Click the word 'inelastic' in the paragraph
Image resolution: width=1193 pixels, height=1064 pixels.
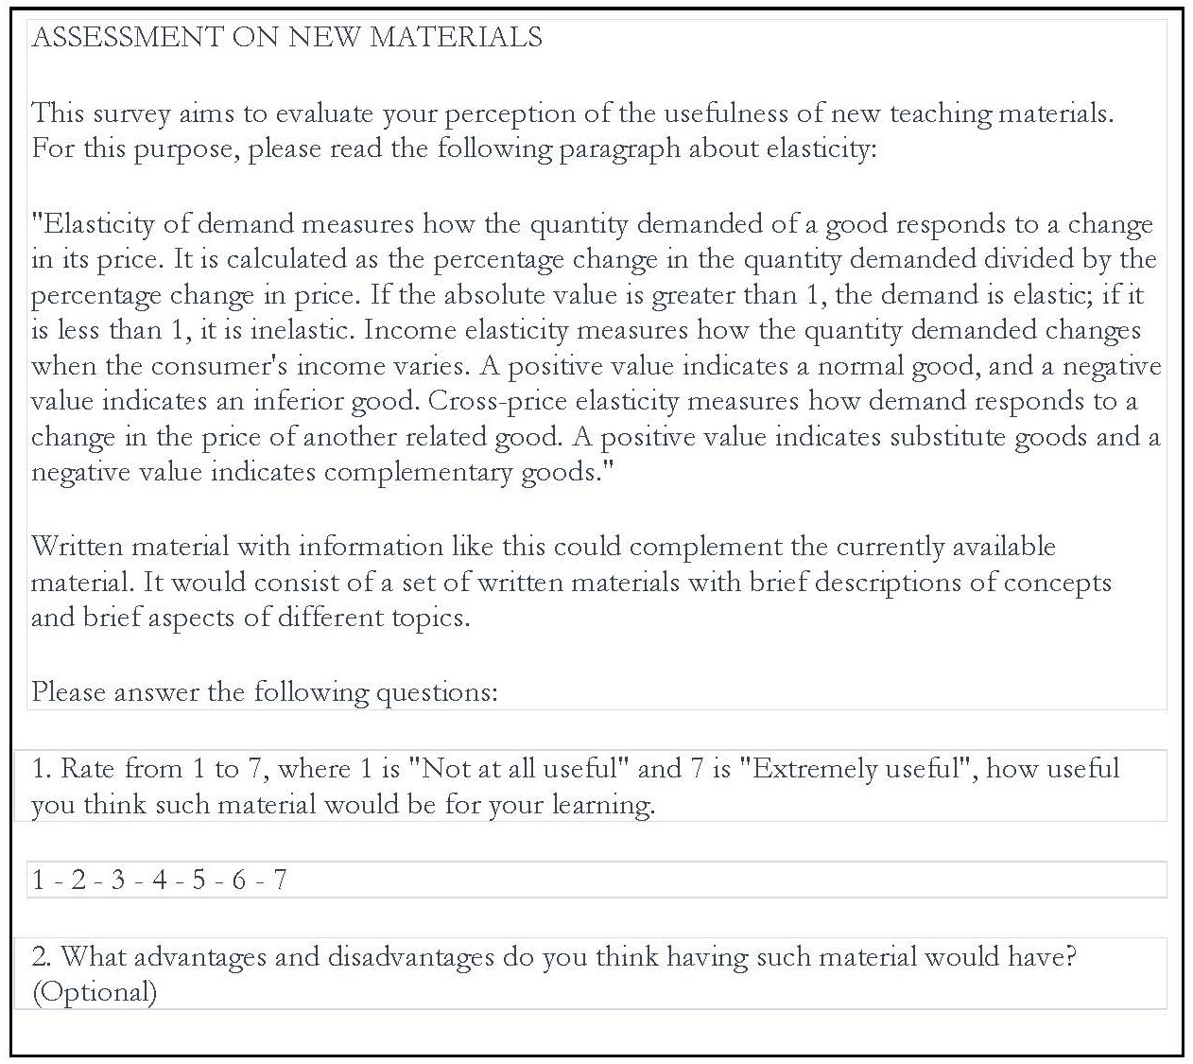click(304, 330)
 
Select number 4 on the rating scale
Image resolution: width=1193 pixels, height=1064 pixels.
click(159, 881)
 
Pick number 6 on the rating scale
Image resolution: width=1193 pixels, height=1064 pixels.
click(238, 881)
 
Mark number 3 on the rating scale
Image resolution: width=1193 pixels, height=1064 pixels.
click(118, 881)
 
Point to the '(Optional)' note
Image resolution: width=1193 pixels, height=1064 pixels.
click(94, 991)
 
